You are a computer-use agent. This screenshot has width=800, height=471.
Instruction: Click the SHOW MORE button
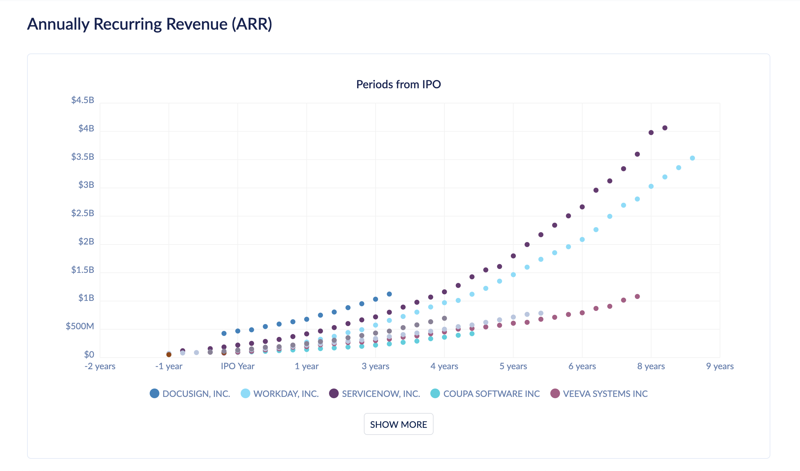coord(398,424)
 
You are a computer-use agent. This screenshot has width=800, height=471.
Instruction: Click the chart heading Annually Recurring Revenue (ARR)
coord(150,24)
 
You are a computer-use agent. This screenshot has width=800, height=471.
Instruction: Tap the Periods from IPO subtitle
coord(398,84)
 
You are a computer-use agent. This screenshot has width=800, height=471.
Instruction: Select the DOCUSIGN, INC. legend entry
coord(190,394)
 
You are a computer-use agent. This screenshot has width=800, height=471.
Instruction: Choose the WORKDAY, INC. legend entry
coord(280,394)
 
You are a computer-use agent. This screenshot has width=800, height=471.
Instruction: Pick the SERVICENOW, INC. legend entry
coord(375,394)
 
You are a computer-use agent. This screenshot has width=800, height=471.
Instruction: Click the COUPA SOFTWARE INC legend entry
coord(485,394)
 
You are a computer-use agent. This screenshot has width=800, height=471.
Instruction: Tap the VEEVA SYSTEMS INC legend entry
coord(599,394)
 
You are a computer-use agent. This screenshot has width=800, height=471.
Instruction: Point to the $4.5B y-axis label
coord(83,100)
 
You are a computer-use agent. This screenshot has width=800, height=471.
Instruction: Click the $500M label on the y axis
coord(80,326)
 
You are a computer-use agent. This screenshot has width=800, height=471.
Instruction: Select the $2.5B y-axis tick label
coord(83,213)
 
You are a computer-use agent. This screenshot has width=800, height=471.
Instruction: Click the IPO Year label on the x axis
coord(238,366)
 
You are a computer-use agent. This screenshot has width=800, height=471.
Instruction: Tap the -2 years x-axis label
coord(100,366)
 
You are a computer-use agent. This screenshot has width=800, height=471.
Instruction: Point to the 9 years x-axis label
coord(720,366)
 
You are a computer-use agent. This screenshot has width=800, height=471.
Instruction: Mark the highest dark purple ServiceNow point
coord(665,128)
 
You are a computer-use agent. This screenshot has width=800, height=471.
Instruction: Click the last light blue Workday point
coord(692,158)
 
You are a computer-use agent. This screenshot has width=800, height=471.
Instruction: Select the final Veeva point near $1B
coord(637,296)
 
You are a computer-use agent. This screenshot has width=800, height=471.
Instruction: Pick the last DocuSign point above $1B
coord(389,294)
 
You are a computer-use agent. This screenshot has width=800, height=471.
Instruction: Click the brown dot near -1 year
coord(169,355)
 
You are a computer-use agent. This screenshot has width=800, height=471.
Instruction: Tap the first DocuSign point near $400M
coord(224,333)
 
